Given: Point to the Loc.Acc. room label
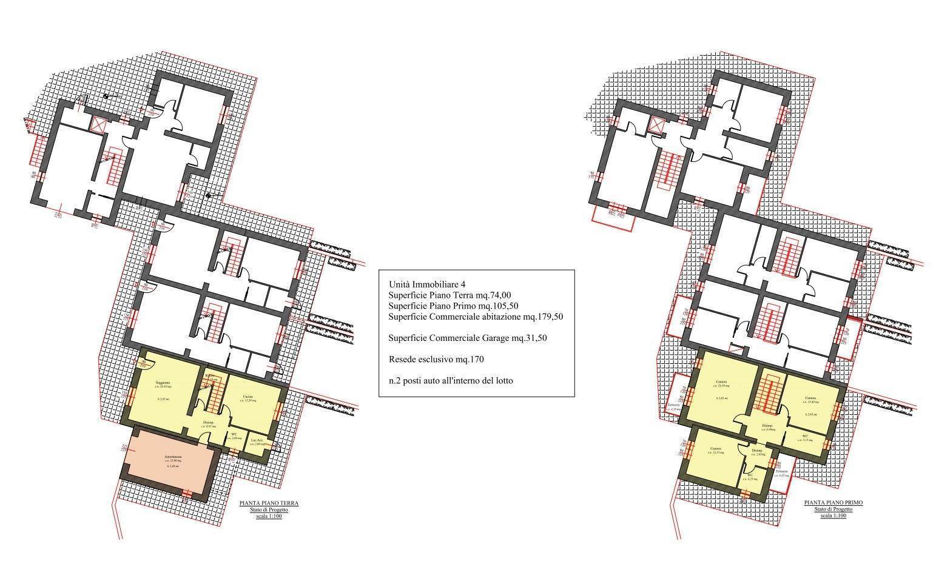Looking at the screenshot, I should click(257, 440).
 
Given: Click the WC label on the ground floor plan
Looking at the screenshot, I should click(234, 434).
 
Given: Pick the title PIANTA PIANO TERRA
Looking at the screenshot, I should click(269, 503).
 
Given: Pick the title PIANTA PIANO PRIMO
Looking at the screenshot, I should click(833, 503).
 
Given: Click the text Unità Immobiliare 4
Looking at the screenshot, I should click(428, 284).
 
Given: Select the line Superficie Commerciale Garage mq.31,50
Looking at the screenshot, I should click(468, 338).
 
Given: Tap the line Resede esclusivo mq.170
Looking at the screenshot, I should click(436, 360).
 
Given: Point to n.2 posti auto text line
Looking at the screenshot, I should click(451, 381).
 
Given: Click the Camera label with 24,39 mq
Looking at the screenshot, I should click(721, 381).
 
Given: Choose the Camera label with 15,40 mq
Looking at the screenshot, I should click(810, 398).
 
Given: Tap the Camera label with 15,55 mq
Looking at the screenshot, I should click(714, 449).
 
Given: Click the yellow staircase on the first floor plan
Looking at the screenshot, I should click(771, 395).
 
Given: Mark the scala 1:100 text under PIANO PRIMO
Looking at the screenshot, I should click(833, 516).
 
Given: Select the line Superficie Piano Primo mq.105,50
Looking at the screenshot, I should click(453, 305).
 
